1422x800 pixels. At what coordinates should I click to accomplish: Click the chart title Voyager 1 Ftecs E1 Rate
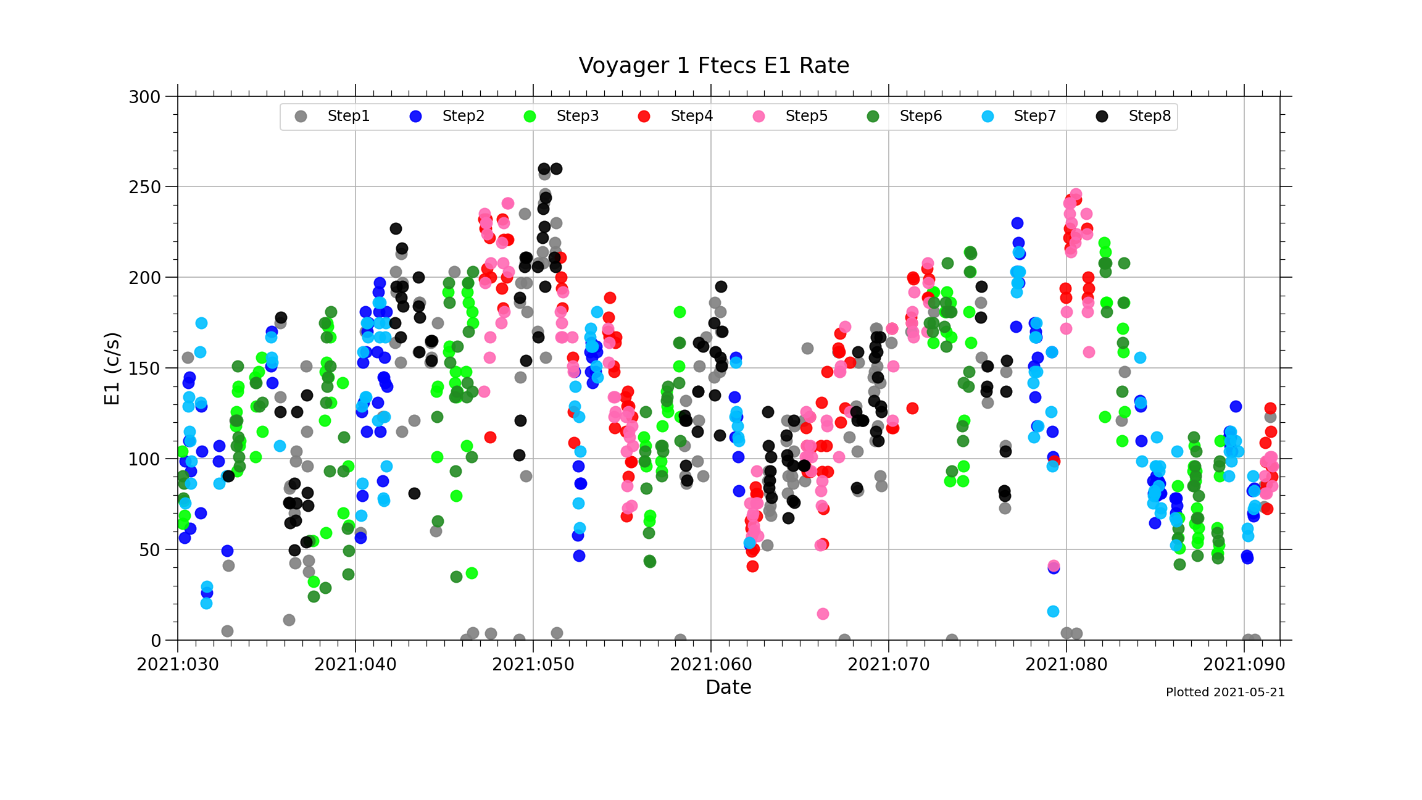[713, 65]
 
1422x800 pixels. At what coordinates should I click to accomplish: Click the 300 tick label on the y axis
[144, 97]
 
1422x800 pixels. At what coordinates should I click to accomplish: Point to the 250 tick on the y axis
[144, 187]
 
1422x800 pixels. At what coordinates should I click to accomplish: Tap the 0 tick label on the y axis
[156, 641]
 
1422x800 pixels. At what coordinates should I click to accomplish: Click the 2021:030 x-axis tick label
[178, 665]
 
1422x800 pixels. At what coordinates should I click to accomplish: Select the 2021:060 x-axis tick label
[711, 665]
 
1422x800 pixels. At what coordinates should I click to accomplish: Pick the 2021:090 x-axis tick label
[1244, 665]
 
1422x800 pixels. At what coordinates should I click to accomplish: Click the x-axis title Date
[728, 687]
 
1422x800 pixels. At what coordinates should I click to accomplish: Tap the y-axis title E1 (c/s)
[112, 369]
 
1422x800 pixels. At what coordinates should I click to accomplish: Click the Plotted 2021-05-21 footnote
[1224, 693]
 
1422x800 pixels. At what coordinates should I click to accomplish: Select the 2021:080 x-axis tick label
[1066, 665]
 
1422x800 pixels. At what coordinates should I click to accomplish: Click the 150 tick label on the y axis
[144, 369]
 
